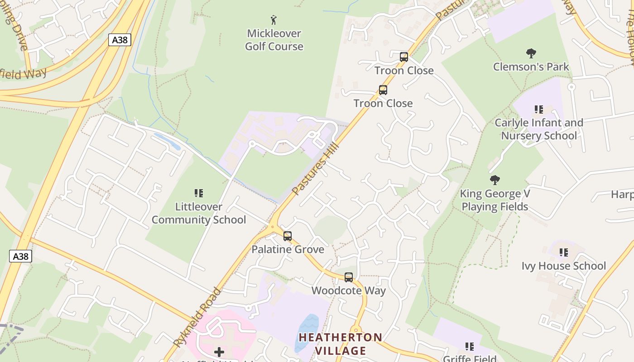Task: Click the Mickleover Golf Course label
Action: tap(274, 40)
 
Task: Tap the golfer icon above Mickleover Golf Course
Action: tap(274, 20)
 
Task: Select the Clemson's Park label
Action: tap(531, 67)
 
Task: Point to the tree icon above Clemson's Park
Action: tap(531, 54)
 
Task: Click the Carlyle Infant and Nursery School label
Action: tap(539, 129)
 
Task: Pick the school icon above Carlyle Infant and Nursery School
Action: tap(539, 109)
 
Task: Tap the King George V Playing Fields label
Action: tap(495, 200)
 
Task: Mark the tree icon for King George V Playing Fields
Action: tap(495, 180)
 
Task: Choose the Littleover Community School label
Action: tap(199, 213)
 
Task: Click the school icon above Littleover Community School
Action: tap(199, 193)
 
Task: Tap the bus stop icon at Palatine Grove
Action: tap(288, 236)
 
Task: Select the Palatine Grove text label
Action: tap(288, 249)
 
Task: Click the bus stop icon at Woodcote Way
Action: tap(349, 277)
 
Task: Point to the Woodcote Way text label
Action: tap(349, 291)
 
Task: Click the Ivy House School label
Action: tap(564, 266)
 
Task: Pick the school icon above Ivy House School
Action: tap(564, 252)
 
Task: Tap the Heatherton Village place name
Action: tap(341, 344)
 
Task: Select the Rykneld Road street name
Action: tap(197, 317)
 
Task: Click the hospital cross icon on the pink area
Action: tap(219, 352)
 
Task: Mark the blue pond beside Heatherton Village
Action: tap(307, 332)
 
